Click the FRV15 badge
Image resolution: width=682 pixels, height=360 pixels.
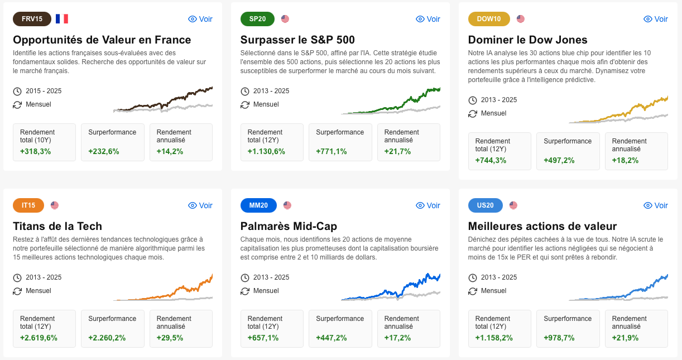point(32,19)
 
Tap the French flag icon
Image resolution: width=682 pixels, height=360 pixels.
point(61,19)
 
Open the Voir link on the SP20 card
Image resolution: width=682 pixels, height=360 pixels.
point(428,19)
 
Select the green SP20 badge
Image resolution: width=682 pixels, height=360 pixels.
point(257,19)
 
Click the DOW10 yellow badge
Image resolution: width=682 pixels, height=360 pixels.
point(489,19)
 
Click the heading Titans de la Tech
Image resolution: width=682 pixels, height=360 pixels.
point(57,226)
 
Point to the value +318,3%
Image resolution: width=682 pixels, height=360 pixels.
point(35,151)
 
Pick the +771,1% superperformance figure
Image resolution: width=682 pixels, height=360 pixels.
point(331,151)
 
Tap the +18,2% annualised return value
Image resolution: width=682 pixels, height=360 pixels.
point(625,160)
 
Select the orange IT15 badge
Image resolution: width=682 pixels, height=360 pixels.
point(28,205)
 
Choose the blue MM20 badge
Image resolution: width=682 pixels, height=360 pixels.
point(258,205)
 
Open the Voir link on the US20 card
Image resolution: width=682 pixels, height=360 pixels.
point(656,205)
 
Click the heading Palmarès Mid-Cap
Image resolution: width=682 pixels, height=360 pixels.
point(289,226)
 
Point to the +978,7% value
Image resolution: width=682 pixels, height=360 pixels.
point(559,338)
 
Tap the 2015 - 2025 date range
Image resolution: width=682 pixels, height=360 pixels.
point(44,91)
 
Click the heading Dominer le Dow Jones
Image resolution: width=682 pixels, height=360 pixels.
point(527,40)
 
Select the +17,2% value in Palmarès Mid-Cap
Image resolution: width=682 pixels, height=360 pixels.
point(397,338)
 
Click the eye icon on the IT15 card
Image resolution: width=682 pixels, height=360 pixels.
point(193,205)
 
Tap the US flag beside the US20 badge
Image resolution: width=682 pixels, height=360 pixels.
point(513,205)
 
